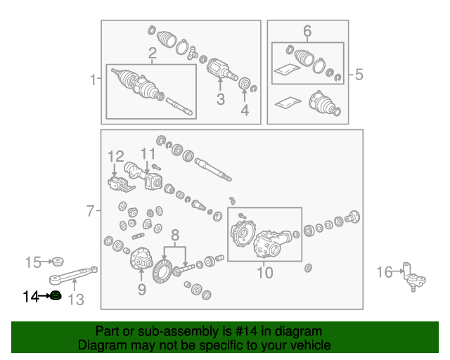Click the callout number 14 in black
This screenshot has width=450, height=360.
tap(31, 297)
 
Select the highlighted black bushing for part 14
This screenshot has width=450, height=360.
tap(56, 295)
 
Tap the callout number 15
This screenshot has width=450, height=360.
tap(33, 262)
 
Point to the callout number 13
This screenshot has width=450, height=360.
tap(76, 300)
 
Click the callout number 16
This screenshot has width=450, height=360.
tap(385, 272)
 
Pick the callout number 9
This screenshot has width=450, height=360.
tap(142, 290)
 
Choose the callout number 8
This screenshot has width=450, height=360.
tap(175, 235)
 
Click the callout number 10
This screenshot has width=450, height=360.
tap(265, 273)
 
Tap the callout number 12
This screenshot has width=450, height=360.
tap(115, 157)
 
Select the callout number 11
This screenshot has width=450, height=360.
tap(148, 154)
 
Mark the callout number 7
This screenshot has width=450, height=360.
tap(90, 211)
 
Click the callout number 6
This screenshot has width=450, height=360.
tap(307, 31)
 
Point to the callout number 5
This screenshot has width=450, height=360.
tap(359, 75)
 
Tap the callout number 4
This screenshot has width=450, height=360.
tap(245, 110)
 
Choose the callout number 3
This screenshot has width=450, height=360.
tap(220, 99)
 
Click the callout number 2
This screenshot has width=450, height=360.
tap(153, 53)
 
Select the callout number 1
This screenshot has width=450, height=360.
tap(93, 79)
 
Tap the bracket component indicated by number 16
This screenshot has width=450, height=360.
tap(414, 277)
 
